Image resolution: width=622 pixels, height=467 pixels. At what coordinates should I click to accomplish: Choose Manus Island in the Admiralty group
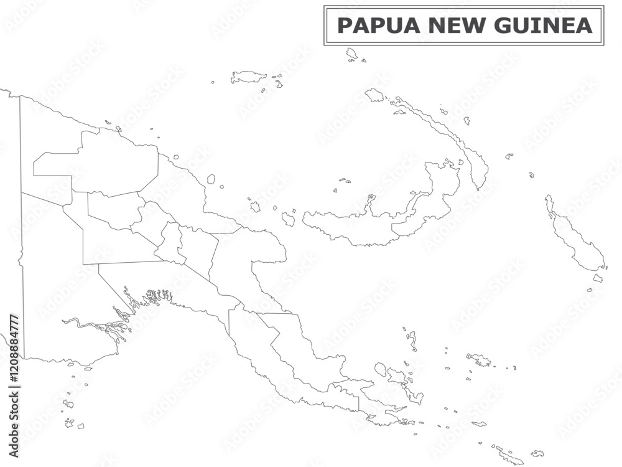(248, 77)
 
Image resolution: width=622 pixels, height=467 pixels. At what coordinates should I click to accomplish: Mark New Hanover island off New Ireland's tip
(374, 95)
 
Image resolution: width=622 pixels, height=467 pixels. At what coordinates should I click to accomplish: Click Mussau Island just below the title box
(352, 54)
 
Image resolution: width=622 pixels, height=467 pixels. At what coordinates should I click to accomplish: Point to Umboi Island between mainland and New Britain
(288, 219)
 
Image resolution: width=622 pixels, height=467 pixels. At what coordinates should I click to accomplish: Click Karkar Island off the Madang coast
(211, 179)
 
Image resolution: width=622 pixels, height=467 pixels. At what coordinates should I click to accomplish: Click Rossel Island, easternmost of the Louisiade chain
(537, 453)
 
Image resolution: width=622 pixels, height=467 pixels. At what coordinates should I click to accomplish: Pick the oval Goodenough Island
(380, 369)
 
